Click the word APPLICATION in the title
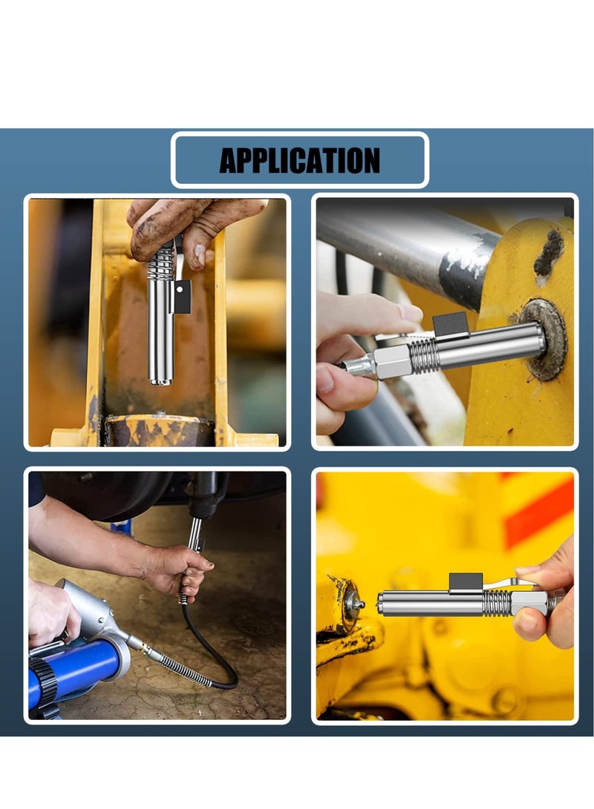coord(299,160)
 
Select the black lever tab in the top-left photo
coord(182,296)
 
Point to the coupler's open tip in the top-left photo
coord(160,381)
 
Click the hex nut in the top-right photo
coord(392,361)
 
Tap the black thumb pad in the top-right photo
coord(450,324)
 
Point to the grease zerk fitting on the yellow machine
coord(354,602)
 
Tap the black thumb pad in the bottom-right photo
coord(466,583)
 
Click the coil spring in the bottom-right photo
coord(497,601)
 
